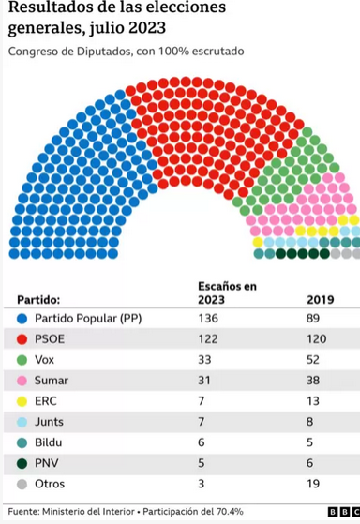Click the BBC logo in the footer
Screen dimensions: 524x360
coord(338,511)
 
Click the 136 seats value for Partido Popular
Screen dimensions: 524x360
coord(207,318)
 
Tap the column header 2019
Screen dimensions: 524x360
coord(321,300)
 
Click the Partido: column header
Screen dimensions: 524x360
coord(39,300)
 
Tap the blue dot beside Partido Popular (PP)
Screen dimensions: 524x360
coord(21,318)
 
